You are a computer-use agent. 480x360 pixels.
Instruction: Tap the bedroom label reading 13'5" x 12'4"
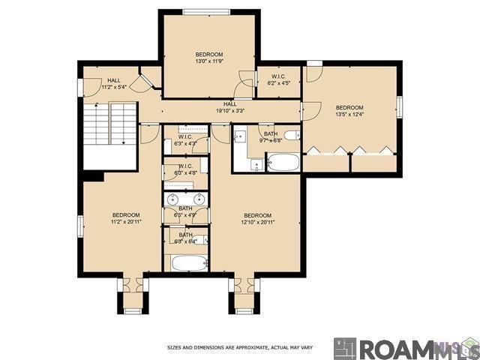click(349, 110)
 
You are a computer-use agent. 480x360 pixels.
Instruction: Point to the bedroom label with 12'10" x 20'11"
click(256, 218)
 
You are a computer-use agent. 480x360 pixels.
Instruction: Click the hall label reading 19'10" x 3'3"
click(230, 107)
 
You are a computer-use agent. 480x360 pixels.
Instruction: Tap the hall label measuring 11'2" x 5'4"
click(113, 83)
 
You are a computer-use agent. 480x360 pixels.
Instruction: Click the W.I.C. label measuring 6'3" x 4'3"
click(185, 139)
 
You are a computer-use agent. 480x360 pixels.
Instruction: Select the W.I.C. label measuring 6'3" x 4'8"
click(185, 169)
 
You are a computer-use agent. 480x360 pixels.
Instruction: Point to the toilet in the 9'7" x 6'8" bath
click(293, 136)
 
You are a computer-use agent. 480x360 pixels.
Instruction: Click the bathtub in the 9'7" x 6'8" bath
click(283, 162)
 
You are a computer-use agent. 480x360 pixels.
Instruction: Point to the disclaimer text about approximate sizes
click(239, 348)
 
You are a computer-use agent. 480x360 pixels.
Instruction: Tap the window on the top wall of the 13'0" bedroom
click(208, 10)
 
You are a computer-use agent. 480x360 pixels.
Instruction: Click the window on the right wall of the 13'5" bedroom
click(400, 106)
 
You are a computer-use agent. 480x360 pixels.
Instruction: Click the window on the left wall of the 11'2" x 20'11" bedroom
click(79, 226)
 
